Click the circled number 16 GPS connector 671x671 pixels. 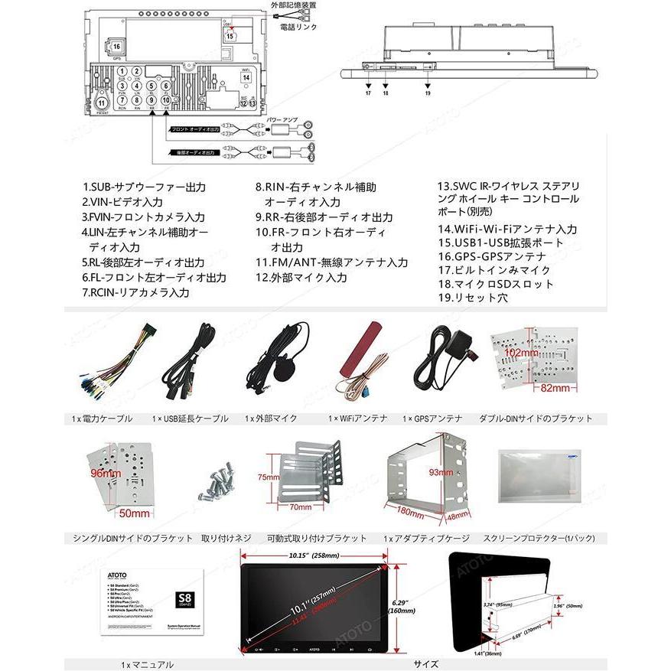pyautogui.click(x=117, y=48)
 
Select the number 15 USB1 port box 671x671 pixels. pyautogui.click(x=230, y=35)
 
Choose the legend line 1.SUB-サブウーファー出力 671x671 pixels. pyautogui.click(x=144, y=187)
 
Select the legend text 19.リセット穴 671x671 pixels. pyautogui.click(x=472, y=298)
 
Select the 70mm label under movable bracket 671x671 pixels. pyautogui.click(x=300, y=507)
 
